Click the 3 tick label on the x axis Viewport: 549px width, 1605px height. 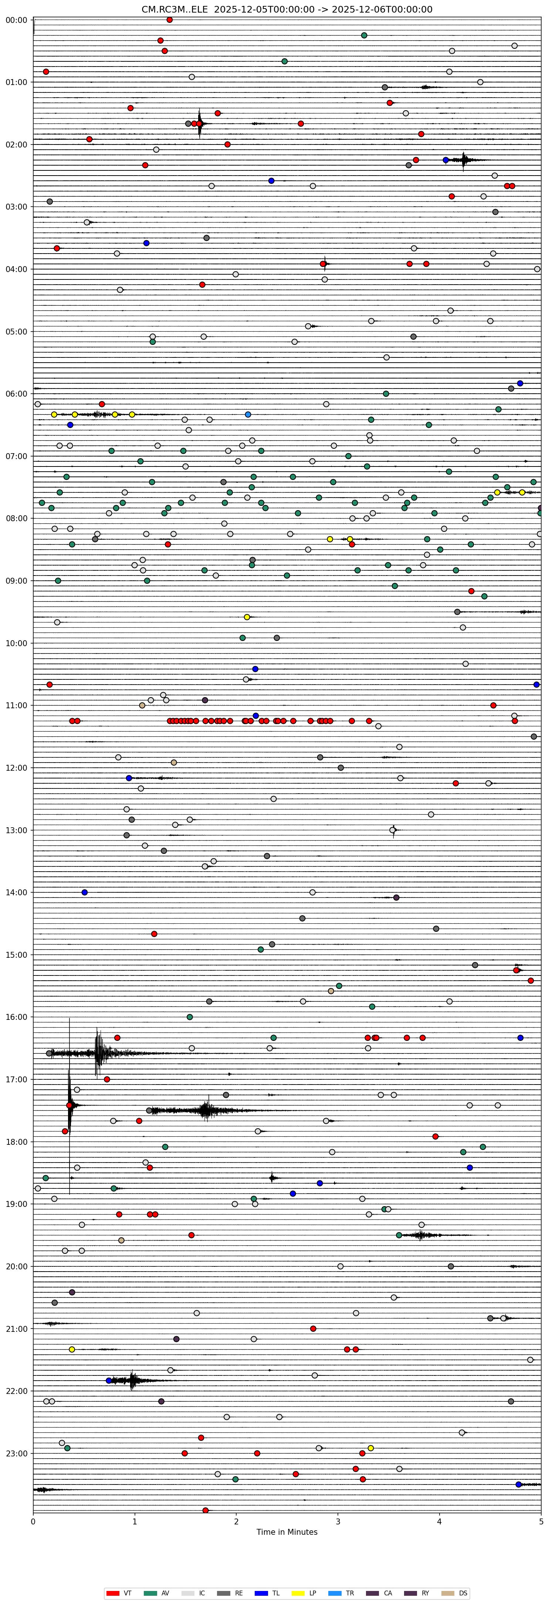pyautogui.click(x=338, y=1521)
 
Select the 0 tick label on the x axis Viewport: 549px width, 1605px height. pyautogui.click(x=33, y=1521)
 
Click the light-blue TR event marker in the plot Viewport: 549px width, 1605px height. pyautogui.click(x=248, y=414)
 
